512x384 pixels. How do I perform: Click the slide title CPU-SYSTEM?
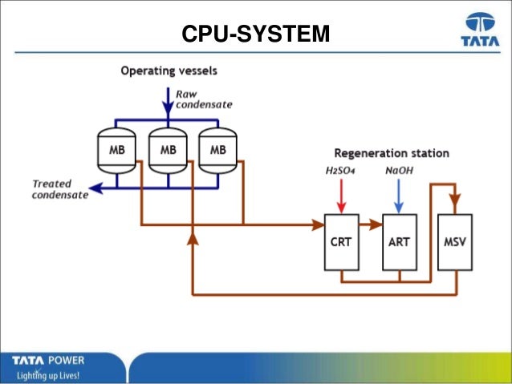tap(255, 35)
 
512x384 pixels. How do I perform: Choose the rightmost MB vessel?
tap(219, 149)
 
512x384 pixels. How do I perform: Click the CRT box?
tap(340, 241)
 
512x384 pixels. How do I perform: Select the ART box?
tap(398, 241)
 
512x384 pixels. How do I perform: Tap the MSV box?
tap(454, 241)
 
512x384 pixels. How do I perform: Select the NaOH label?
tap(398, 170)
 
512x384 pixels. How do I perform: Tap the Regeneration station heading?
tap(391, 152)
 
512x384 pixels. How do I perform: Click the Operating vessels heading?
tap(169, 71)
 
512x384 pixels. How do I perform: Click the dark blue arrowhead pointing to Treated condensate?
tap(95, 189)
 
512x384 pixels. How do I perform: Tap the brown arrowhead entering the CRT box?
tap(315, 224)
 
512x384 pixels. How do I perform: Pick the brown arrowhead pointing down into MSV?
tap(454, 205)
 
